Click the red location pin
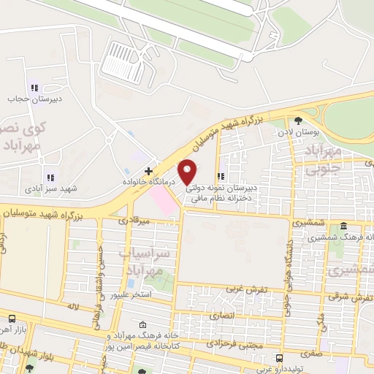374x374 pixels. click(x=188, y=172)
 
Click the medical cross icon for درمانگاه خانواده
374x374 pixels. click(x=148, y=170)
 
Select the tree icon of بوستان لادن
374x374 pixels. click(x=297, y=121)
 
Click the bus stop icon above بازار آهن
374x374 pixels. click(x=12, y=319)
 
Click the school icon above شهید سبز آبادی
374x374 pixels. click(x=50, y=177)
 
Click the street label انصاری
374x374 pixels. click(x=224, y=317)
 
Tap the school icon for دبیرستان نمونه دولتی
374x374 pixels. click(x=221, y=176)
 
